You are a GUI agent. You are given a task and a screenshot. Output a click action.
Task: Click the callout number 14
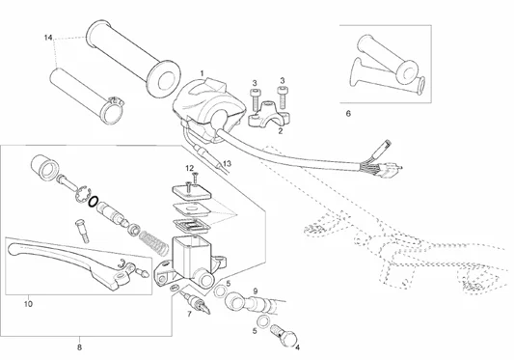[48, 38]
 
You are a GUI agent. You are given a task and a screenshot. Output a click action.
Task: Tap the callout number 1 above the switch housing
[202, 72]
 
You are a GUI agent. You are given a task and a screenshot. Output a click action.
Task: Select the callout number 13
[227, 163]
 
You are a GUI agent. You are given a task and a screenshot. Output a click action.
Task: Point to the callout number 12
[189, 168]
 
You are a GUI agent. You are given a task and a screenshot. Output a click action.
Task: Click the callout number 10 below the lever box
[29, 304]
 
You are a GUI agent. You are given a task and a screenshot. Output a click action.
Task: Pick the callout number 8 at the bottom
[79, 347]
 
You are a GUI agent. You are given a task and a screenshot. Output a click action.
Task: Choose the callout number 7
[189, 314]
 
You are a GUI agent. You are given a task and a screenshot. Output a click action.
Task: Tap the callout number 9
[256, 291]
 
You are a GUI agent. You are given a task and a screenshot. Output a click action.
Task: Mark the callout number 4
[297, 347]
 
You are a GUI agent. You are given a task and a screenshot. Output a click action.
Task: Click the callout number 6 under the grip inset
[348, 114]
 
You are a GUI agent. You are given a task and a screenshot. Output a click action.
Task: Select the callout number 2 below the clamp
[280, 131]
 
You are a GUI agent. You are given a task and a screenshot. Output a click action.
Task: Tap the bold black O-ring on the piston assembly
[93, 202]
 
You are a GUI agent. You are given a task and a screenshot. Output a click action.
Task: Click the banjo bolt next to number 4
[284, 335]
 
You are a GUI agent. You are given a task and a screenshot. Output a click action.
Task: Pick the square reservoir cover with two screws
[192, 192]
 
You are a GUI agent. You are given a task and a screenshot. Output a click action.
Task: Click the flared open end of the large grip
[164, 79]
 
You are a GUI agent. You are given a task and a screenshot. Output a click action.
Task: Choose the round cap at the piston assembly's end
[44, 167]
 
